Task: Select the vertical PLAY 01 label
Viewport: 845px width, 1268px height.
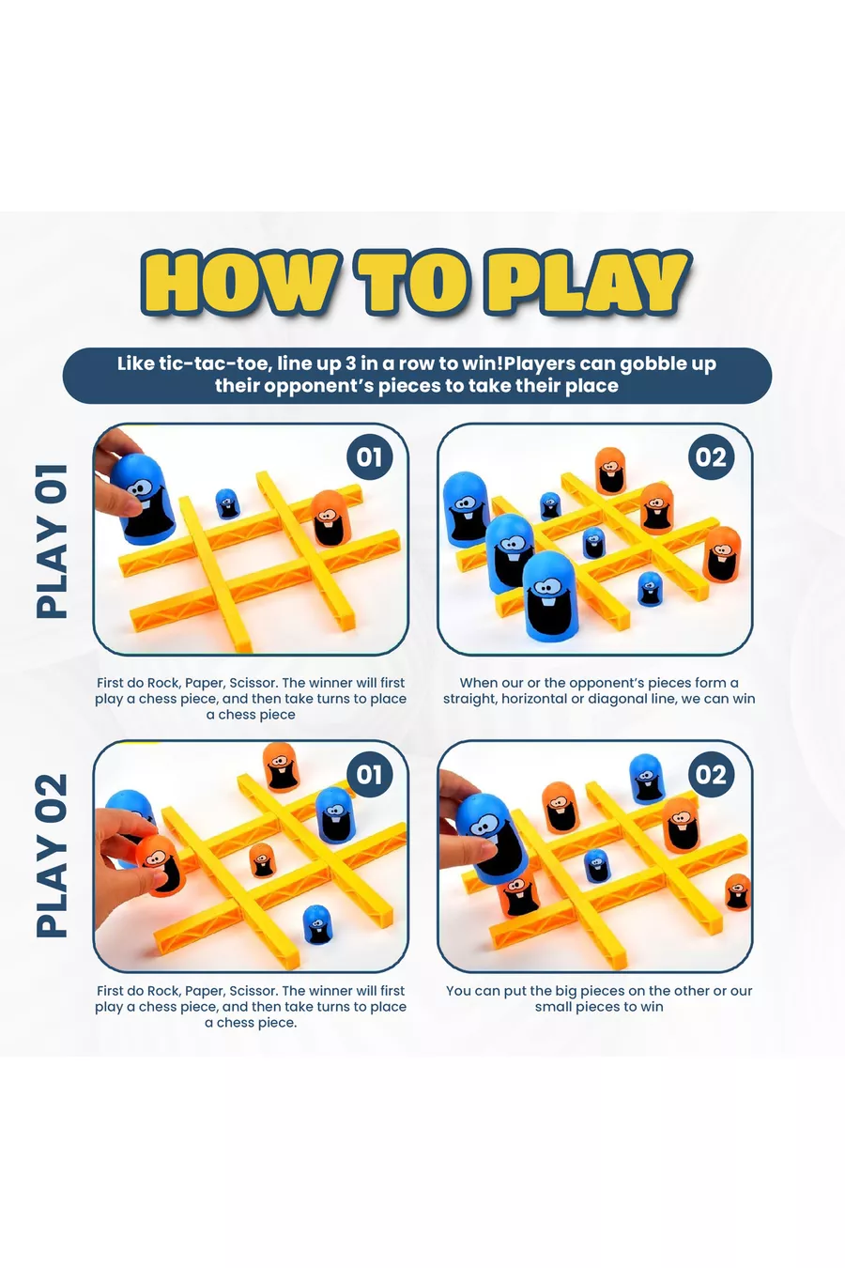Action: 52,541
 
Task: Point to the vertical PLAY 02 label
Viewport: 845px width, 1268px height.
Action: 52,856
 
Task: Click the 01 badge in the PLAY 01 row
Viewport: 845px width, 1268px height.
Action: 369,456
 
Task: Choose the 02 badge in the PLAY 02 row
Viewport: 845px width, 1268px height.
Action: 711,774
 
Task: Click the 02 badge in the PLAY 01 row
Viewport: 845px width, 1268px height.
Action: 711,456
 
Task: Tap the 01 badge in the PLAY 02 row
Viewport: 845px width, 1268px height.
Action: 369,774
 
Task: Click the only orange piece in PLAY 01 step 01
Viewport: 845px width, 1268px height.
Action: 330,518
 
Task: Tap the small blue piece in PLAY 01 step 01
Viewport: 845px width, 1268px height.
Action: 227,503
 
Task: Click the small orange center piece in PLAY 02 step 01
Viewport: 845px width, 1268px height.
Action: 261,859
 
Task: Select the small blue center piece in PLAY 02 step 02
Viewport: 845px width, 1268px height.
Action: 596,865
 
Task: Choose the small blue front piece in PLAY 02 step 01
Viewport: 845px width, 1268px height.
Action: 317,924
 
